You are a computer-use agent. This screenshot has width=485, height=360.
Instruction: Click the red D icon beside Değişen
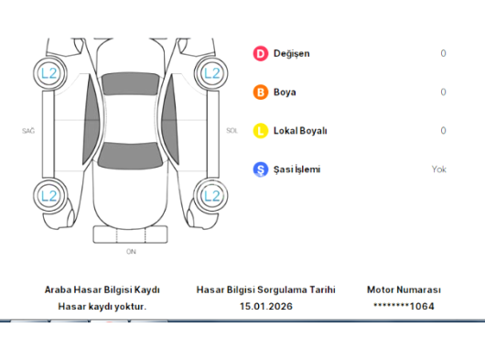[x=261, y=53]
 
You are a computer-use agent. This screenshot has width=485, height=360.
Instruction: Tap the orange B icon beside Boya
[x=261, y=92]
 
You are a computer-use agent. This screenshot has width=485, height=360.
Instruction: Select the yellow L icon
[x=261, y=131]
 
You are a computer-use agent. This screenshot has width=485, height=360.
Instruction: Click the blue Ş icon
[x=261, y=169]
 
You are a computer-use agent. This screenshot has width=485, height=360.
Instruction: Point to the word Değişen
[x=291, y=53]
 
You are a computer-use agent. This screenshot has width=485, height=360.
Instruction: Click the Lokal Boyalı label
[x=300, y=131]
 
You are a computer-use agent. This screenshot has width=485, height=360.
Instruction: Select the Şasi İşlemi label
[x=296, y=169]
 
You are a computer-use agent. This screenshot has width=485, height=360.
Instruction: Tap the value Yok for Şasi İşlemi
[x=439, y=169]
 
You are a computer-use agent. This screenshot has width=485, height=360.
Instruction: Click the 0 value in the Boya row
[x=443, y=92]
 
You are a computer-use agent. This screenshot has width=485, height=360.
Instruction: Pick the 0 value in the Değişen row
[x=443, y=53]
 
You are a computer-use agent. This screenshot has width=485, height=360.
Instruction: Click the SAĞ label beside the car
[x=28, y=131]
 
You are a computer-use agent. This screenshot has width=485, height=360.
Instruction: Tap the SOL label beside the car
[x=232, y=131]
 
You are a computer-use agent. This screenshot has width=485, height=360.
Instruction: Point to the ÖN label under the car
[x=131, y=250]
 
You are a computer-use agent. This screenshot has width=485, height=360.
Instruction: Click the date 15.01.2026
[x=265, y=306]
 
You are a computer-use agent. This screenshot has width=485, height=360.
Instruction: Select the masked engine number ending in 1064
[x=404, y=306]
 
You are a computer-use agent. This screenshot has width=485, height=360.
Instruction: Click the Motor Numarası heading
[x=404, y=289]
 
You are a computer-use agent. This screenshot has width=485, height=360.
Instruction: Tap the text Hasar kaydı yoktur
[x=102, y=306]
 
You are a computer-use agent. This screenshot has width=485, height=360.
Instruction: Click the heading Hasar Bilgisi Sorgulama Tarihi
[x=265, y=289]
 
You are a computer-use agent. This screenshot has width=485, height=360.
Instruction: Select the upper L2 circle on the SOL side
[x=212, y=71]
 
